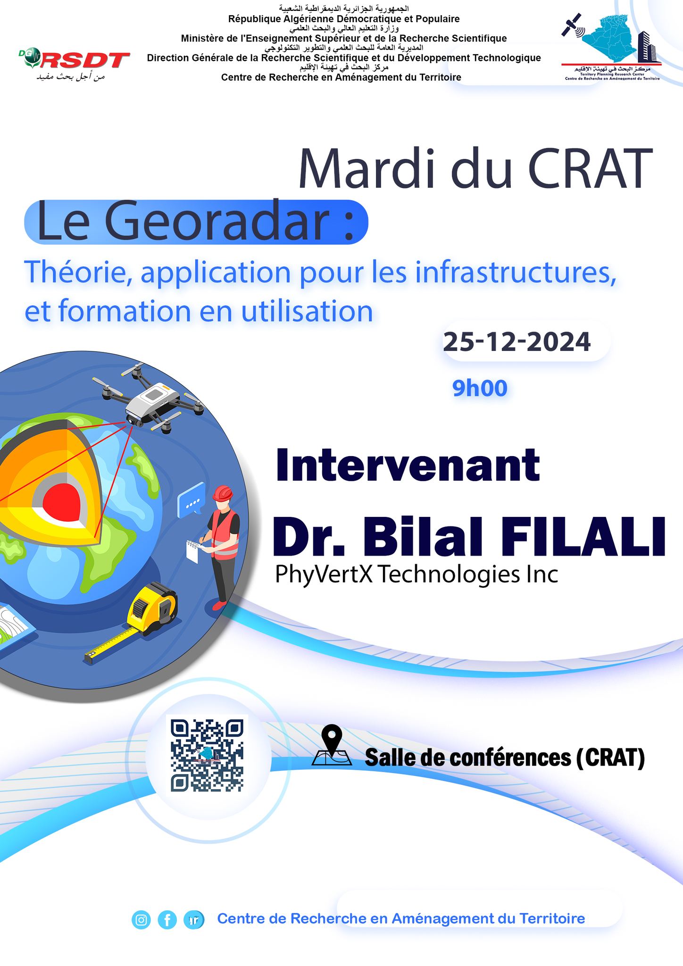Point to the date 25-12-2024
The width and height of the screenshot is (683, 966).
coord(516,341)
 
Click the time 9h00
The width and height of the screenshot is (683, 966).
coord(480,388)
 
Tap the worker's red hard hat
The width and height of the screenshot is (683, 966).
coord(223,493)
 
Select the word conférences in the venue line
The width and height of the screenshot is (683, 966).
coord(486,758)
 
